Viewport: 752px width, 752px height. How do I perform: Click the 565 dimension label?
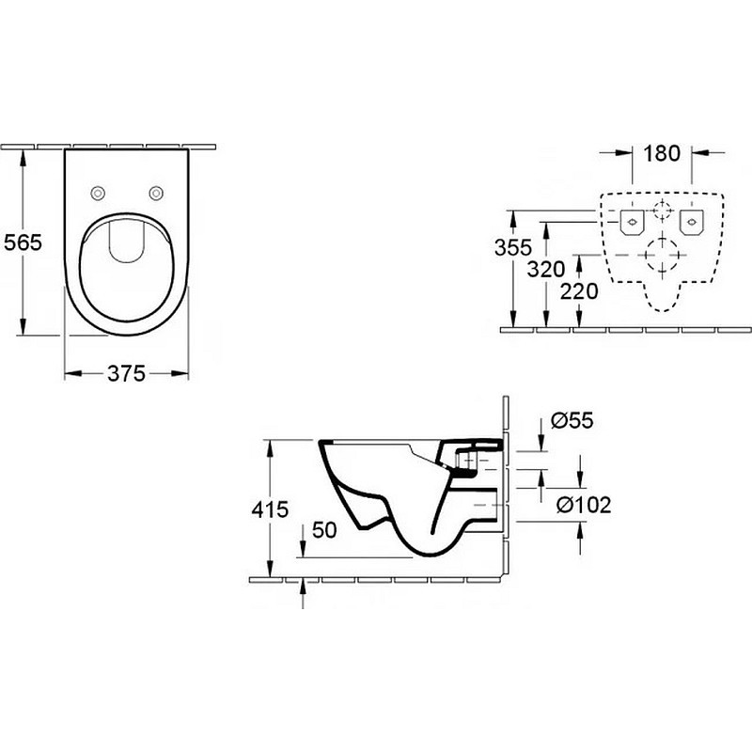(x=23, y=243)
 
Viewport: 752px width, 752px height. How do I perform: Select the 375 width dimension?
(x=126, y=373)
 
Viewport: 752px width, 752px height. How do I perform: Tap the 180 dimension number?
(x=662, y=153)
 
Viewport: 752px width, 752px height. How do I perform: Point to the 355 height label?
(x=513, y=247)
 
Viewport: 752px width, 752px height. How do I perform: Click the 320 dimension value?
(x=546, y=269)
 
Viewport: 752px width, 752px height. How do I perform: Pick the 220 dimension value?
(x=579, y=291)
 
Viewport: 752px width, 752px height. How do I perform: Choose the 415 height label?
(x=270, y=509)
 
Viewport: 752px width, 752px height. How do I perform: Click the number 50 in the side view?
(x=324, y=530)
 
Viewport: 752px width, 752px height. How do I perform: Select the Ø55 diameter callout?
(x=572, y=420)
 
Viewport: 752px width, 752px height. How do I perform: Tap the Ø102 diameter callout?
(x=584, y=505)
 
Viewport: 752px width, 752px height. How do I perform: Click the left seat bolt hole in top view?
(x=98, y=194)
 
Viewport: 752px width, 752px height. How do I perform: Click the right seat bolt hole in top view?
(x=156, y=194)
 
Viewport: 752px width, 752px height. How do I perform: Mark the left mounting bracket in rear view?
(x=632, y=223)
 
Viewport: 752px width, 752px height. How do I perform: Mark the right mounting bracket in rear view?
(x=691, y=223)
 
